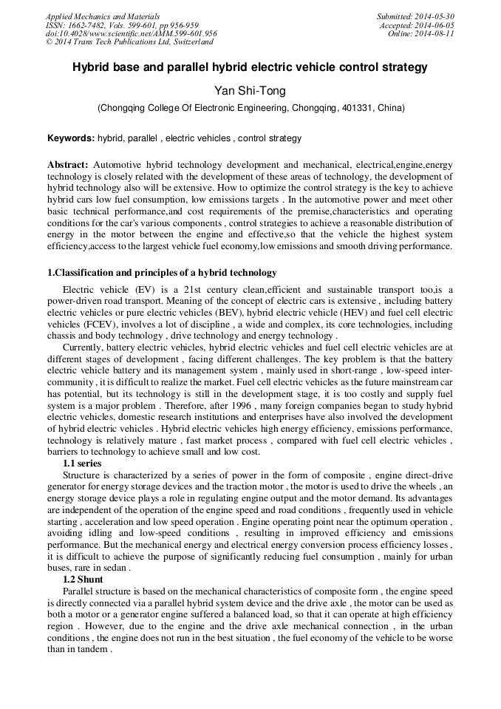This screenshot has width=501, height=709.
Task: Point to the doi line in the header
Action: [x=131, y=34]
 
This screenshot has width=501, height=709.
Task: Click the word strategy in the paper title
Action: [x=406, y=67]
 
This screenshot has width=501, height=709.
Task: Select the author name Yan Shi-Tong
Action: [x=250, y=91]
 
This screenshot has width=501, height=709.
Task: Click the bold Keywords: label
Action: [x=71, y=138]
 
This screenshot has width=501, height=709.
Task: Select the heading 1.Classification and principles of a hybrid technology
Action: [x=162, y=273]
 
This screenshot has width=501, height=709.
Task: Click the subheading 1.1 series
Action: [x=82, y=464]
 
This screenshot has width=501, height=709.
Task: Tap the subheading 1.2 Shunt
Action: [x=83, y=580]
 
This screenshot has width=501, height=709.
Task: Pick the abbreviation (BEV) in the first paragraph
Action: [x=237, y=313]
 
